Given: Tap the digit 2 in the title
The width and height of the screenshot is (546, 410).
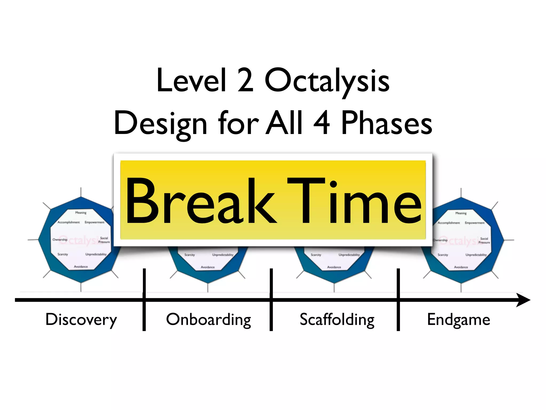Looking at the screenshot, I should pyautogui.click(x=245, y=80).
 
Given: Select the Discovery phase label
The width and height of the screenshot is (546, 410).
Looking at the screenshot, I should pyautogui.click(x=81, y=320).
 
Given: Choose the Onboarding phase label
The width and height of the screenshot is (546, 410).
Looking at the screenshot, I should pyautogui.click(x=208, y=320).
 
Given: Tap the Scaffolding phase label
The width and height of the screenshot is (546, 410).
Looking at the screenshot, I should pyautogui.click(x=337, y=320).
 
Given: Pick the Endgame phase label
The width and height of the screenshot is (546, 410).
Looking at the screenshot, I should pyautogui.click(x=459, y=320).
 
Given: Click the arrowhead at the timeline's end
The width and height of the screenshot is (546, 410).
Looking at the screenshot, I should pyautogui.click(x=523, y=300).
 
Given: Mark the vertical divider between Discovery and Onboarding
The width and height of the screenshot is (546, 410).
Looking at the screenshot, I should pyautogui.click(x=144, y=299).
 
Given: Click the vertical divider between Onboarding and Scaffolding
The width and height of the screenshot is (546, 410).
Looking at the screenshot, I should pyautogui.click(x=271, y=299).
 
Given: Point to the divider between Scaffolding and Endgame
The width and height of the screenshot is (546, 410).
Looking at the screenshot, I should pyautogui.click(x=398, y=299).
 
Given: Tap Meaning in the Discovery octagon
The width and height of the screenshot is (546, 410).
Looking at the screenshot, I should pyautogui.click(x=81, y=213).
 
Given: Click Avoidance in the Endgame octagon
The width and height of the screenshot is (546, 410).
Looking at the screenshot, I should pyautogui.click(x=461, y=267).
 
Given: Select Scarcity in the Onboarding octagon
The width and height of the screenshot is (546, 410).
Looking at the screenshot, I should pyautogui.click(x=190, y=255).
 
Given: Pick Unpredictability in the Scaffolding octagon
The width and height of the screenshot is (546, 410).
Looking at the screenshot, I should pyautogui.click(x=349, y=255).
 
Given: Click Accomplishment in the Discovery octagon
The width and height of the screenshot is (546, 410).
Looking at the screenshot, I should pyautogui.click(x=69, y=222).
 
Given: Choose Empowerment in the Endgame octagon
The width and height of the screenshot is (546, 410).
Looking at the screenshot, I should pyautogui.click(x=475, y=223).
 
